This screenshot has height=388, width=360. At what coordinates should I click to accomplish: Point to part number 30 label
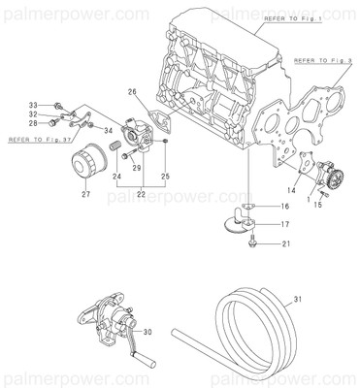[148, 331]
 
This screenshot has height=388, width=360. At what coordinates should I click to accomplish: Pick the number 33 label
[32, 104]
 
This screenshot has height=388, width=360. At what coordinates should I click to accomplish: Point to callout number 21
[285, 246]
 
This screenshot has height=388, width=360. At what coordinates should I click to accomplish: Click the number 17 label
[285, 225]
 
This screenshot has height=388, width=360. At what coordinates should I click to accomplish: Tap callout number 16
[285, 207]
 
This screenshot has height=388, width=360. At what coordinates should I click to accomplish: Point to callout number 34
[108, 130]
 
